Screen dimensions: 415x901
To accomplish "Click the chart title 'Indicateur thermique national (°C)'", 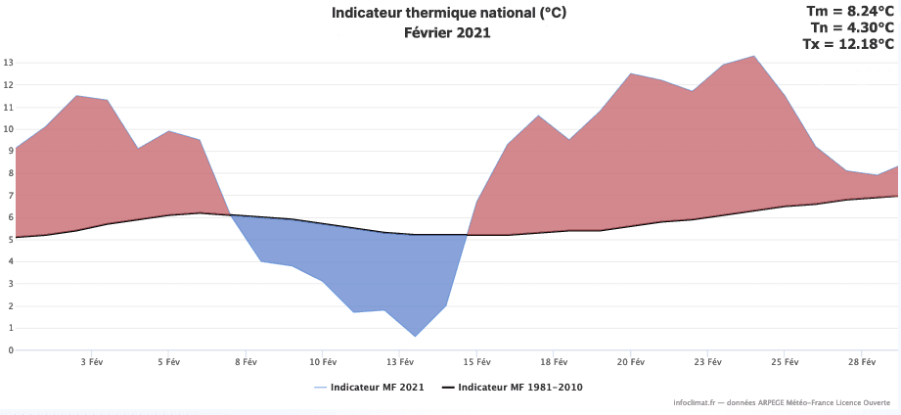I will [449, 13].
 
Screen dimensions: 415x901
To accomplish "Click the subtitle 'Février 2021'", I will [447, 32].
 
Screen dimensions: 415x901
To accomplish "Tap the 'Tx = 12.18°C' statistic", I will [847, 44].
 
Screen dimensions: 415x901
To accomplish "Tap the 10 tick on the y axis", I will [7, 129].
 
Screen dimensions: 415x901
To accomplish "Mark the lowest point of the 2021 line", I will [415, 337].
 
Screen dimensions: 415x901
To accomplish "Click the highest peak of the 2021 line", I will [753, 56].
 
